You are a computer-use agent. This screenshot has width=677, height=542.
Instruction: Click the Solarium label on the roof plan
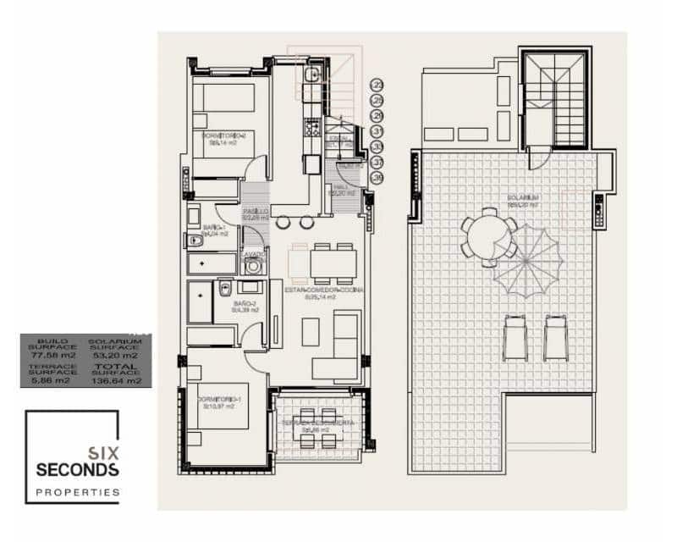click(524, 198)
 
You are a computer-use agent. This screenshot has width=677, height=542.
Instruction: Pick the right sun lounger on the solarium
click(556, 337)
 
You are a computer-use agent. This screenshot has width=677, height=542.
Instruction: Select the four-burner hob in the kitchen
click(311, 130)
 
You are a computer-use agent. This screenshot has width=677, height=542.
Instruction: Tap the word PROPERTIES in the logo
click(77, 491)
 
